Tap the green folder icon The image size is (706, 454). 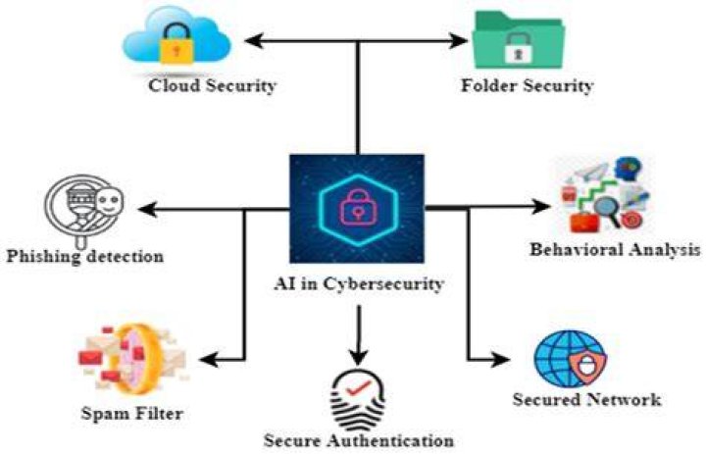pyautogui.click(x=518, y=39)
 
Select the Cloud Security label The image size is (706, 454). pyautogui.click(x=213, y=85)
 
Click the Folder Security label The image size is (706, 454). pyautogui.click(x=527, y=85)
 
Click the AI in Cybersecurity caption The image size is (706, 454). pyautogui.click(x=359, y=283)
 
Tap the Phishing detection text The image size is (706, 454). pyautogui.click(x=85, y=256)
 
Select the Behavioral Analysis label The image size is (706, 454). pyautogui.click(x=615, y=249)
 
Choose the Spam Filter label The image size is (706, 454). pyautogui.click(x=132, y=414)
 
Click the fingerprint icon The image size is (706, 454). pyautogui.click(x=358, y=400)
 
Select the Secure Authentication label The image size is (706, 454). pyautogui.click(x=359, y=440)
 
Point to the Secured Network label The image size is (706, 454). pyautogui.click(x=587, y=399)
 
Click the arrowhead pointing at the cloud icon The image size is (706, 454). pyautogui.click(x=253, y=41)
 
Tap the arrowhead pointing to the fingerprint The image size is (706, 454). pyautogui.click(x=359, y=357)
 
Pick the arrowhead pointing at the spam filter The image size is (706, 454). pyautogui.click(x=208, y=360)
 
